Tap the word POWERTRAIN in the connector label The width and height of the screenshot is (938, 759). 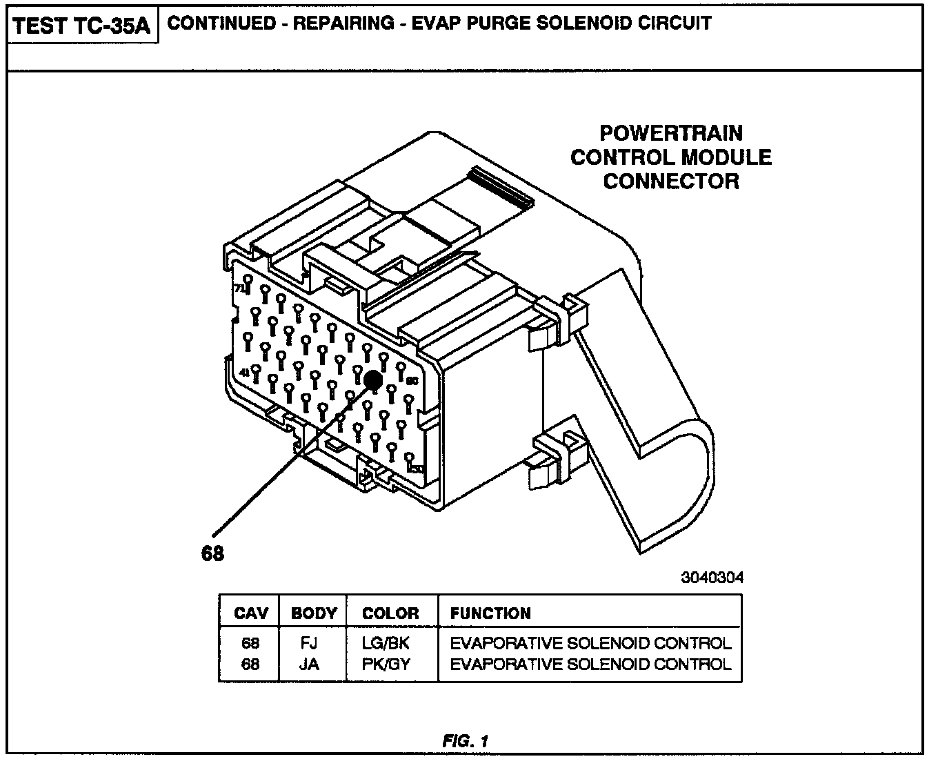pos(670,132)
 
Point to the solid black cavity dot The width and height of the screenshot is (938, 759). pos(373,379)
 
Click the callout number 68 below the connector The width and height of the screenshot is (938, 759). pos(212,553)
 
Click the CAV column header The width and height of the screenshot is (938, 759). pos(251,613)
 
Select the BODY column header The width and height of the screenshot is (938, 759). pos(314,613)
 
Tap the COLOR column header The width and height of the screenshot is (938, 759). pos(390,613)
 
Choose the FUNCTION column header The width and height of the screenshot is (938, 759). pos(490,613)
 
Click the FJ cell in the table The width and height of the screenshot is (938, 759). pos(308,643)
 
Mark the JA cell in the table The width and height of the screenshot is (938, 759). pos(308,664)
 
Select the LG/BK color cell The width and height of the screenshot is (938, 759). pos(386,643)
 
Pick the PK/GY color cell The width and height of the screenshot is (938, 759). pos(386,664)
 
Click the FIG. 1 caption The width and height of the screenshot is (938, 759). pos(466,742)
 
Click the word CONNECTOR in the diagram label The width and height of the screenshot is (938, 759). pos(670,181)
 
